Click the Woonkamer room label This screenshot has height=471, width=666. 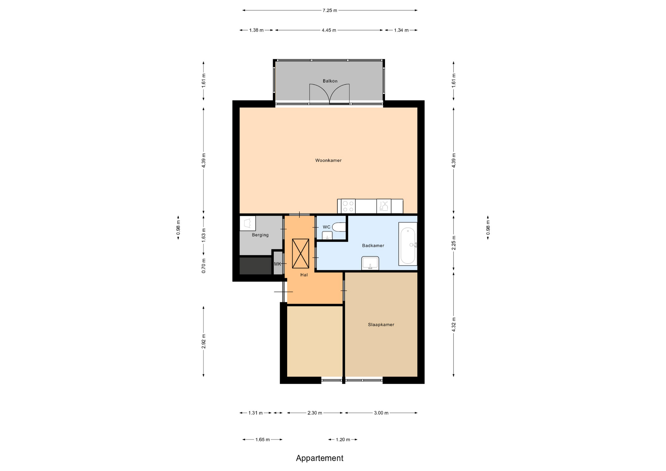coord(328,160)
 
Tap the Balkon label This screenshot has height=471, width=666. coord(330,81)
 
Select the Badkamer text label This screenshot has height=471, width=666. coord(373,246)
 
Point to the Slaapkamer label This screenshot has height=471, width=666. coord(381,325)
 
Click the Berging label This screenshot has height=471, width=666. coord(260,235)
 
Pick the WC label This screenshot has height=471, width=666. coord(326,227)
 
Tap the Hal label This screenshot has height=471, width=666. coord(304,275)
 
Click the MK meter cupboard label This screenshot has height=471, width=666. coord(277,264)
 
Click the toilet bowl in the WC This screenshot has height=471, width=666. coord(339,227)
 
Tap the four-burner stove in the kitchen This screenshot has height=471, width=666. coord(348,206)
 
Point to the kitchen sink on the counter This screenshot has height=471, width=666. coord(384,206)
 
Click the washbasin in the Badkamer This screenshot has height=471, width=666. coord(370,263)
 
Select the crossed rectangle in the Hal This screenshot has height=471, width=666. coord(300,254)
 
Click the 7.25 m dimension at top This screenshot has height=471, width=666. coord(330,10)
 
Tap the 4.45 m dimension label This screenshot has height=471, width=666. coord(329,30)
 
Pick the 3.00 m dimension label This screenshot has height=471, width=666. coord(381,413)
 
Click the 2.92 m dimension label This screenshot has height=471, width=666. coord(204,341)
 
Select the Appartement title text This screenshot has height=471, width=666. coord(319,458)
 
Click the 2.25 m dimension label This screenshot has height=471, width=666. coord(454,243)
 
